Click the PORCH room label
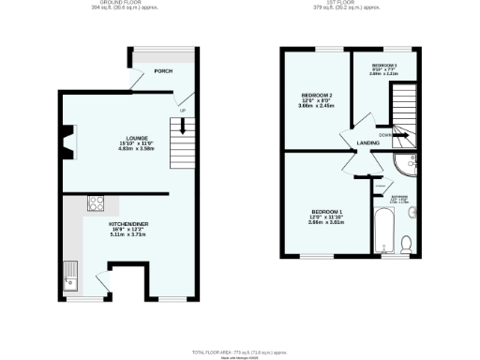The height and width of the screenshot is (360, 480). click(x=163, y=71)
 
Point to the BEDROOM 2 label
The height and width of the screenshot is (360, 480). click(x=316, y=95)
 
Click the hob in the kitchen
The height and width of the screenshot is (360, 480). click(x=96, y=202)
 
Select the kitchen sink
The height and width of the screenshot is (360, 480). click(x=72, y=274)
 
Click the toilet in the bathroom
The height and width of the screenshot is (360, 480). click(x=405, y=244)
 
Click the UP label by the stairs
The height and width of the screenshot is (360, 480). click(x=182, y=111)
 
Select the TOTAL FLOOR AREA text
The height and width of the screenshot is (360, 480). click(x=239, y=351)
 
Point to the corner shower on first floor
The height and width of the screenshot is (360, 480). click(x=409, y=167)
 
